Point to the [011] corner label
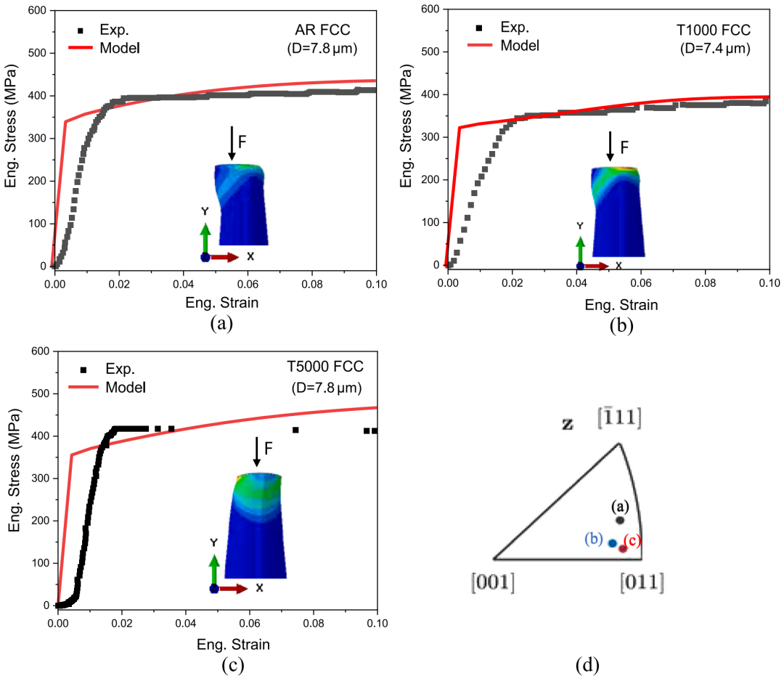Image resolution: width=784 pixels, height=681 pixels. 641,582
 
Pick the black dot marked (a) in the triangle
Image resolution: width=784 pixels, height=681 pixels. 620,520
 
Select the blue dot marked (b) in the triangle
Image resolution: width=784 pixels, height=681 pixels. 612,543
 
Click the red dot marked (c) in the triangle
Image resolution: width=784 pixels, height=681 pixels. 623,548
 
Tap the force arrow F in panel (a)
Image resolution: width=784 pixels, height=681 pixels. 232,143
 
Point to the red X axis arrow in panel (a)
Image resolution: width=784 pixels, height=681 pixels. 225,257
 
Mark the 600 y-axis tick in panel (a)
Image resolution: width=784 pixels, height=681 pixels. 36,11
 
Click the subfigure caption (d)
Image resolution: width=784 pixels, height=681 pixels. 586,664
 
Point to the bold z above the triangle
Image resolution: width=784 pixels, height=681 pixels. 568,424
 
